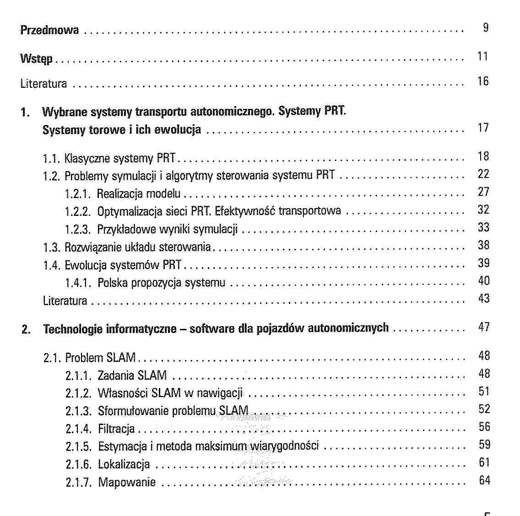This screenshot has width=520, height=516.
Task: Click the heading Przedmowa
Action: [x=49, y=31]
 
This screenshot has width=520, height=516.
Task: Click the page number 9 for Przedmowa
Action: [x=486, y=28]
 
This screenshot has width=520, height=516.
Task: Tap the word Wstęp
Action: [x=37, y=59]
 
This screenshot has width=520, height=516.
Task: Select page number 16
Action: [x=483, y=81]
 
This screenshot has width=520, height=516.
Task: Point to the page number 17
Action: [x=483, y=128]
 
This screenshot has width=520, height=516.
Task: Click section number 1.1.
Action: [x=52, y=159]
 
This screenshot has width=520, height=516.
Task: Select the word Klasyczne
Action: [x=87, y=159]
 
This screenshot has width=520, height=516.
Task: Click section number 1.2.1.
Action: [x=79, y=194]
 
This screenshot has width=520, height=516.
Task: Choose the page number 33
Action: [x=483, y=227]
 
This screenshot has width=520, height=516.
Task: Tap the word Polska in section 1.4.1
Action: [x=113, y=283]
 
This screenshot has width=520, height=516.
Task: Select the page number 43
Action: [x=483, y=298]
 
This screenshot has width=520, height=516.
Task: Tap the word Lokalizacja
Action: [x=124, y=464]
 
